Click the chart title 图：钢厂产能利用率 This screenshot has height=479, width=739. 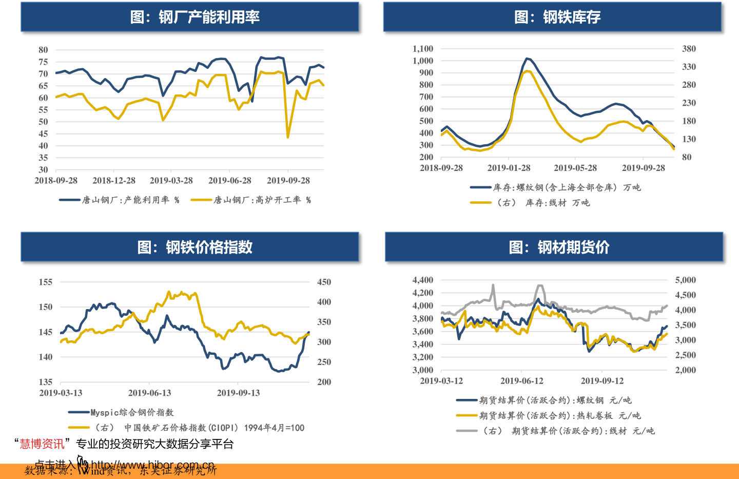195,17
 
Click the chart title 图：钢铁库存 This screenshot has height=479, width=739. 557,17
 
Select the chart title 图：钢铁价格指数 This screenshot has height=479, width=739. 195,247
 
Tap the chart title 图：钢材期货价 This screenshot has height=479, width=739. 559,247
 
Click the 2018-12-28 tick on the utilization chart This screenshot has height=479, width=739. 114,181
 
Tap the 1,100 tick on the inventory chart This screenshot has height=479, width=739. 423,49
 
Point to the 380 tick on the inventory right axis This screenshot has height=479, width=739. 689,49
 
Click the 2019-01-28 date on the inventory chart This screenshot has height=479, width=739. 509,168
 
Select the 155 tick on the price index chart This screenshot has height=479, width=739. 46,282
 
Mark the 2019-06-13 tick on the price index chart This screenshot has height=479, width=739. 149,393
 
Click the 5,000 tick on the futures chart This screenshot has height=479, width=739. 685,280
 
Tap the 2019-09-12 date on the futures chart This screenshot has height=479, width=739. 602,381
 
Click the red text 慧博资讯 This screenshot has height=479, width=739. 42,444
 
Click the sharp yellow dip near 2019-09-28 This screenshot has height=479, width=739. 288,137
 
